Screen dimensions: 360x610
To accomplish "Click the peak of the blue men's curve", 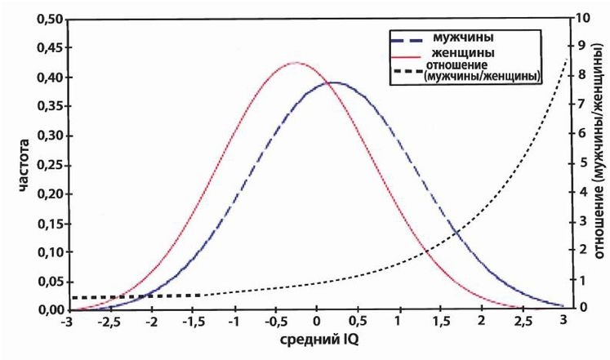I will tap(333, 82).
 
